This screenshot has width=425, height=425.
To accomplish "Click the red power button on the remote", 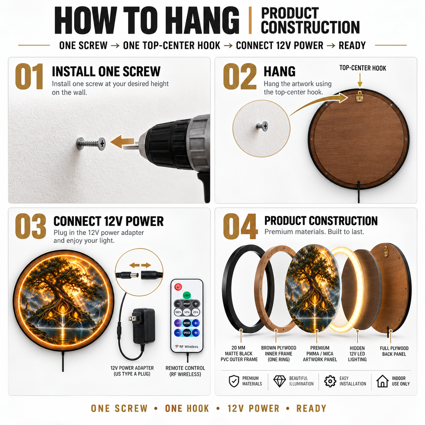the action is click(178, 287).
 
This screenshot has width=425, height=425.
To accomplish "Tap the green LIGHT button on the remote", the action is click(187, 295).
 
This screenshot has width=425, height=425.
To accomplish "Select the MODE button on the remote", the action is click(187, 323).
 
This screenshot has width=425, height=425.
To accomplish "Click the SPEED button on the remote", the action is click(187, 333).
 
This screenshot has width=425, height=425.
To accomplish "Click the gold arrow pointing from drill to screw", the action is click(122, 142).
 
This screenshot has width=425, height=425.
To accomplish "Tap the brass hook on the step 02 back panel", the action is click(360, 96).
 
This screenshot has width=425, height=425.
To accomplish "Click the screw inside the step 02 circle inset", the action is click(262, 126).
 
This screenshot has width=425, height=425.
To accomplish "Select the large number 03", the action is click(31, 226).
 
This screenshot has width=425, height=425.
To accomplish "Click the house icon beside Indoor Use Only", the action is click(382, 381).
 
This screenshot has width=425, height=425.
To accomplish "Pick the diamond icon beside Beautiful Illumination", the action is click(280, 381).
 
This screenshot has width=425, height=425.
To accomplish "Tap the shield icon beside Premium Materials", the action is click(234, 381).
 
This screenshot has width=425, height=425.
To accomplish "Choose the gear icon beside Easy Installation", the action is click(330, 381).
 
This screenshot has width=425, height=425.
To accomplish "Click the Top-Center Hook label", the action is click(363, 68).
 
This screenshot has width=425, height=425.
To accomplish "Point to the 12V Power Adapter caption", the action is click(132, 371).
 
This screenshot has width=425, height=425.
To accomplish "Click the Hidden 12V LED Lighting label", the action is click(357, 354).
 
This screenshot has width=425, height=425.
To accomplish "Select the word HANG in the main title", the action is click(205, 21).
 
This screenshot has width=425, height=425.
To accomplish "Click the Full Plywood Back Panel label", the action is click(394, 351).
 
